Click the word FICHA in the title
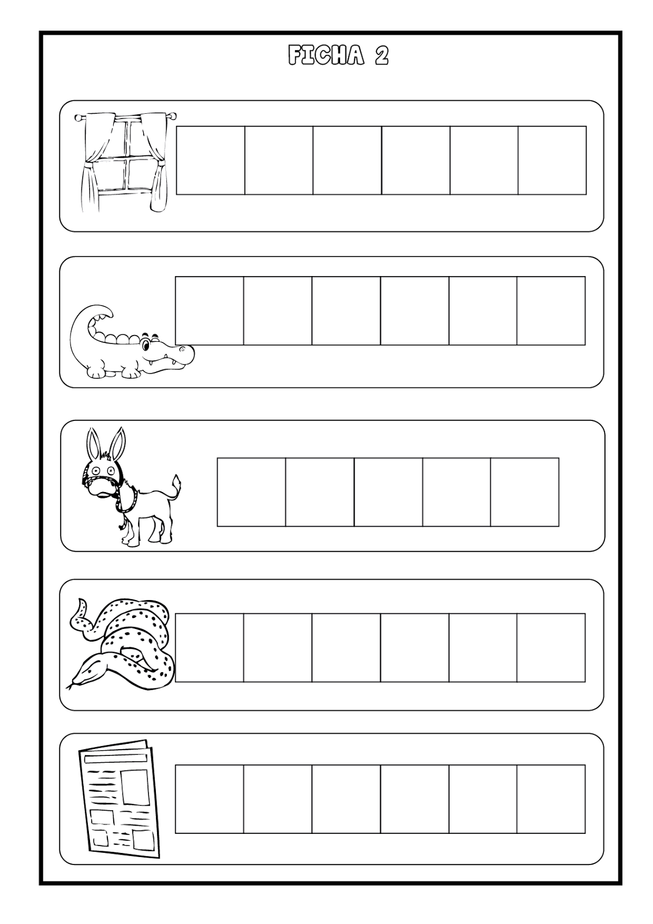coord(326,55)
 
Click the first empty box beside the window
coord(210,160)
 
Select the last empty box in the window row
coord(552,160)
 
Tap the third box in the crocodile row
coord(346,311)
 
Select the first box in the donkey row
coord(251,491)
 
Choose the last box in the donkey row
coord(525,491)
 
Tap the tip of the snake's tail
coord(81,602)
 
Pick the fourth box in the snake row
coord(415,647)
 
